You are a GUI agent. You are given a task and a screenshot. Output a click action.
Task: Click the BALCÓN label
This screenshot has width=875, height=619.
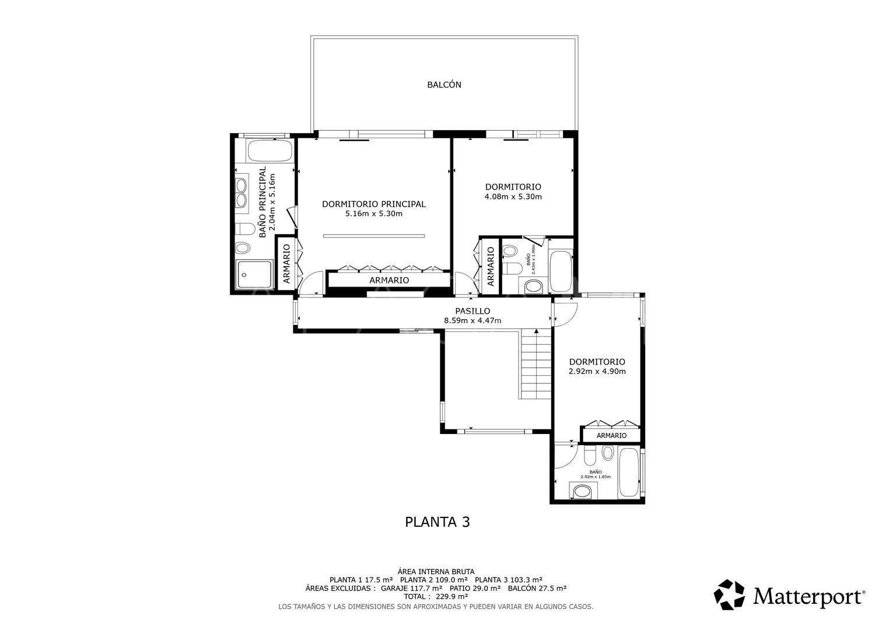point(444,85)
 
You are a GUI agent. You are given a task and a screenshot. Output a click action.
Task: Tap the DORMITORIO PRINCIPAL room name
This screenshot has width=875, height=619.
point(373,204)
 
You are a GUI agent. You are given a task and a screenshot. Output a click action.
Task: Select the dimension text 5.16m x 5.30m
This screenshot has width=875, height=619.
point(373,214)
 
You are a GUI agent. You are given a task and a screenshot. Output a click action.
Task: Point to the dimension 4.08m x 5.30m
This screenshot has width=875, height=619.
point(513,197)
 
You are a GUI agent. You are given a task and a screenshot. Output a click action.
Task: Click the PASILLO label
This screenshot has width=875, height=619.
point(473,311)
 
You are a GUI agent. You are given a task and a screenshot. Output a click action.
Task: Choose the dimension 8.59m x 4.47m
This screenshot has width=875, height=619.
point(473,321)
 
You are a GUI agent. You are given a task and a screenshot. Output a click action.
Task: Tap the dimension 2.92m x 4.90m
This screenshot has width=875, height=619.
point(597,372)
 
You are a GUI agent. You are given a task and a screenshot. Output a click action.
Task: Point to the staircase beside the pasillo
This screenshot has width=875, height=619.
point(536,365)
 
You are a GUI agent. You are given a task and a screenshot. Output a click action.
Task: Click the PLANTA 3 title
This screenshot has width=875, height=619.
point(437,522)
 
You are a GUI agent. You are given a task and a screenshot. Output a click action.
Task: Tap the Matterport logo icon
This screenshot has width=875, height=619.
point(730,594)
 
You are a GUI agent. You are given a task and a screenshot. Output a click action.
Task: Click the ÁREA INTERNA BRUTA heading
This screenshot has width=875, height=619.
point(435,572)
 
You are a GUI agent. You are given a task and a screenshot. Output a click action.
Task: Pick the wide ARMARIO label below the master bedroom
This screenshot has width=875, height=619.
point(389,281)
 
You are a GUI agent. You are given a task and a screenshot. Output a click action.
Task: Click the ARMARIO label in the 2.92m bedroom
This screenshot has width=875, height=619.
point(611,436)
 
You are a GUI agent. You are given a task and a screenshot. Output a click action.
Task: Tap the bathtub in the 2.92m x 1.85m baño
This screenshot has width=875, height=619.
point(629,474)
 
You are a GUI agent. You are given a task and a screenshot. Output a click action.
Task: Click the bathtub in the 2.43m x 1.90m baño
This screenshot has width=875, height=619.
point(561,271)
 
